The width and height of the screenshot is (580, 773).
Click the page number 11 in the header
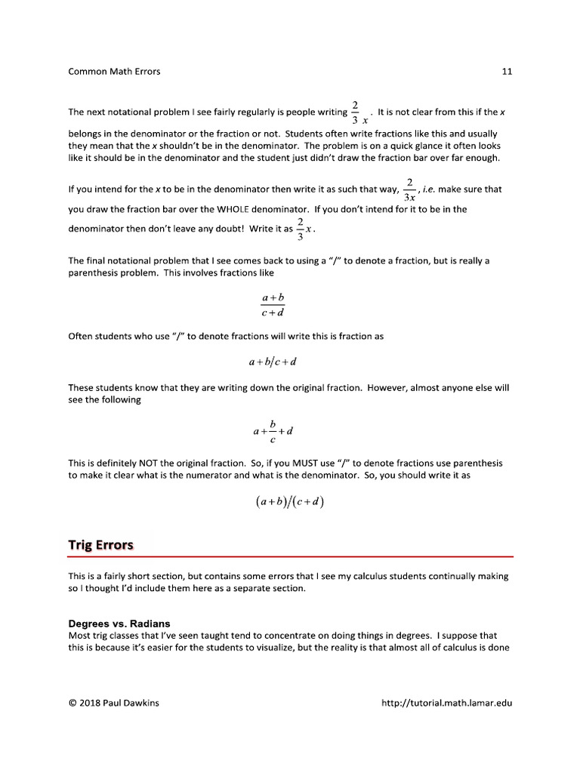[x=507, y=72]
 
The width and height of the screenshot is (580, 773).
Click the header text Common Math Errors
[x=114, y=72]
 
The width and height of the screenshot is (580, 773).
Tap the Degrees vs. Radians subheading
[x=119, y=624]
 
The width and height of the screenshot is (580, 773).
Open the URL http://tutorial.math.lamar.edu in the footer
[x=447, y=704]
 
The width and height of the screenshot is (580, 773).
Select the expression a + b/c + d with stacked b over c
[x=273, y=431]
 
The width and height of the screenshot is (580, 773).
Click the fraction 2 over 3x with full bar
[x=409, y=190]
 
